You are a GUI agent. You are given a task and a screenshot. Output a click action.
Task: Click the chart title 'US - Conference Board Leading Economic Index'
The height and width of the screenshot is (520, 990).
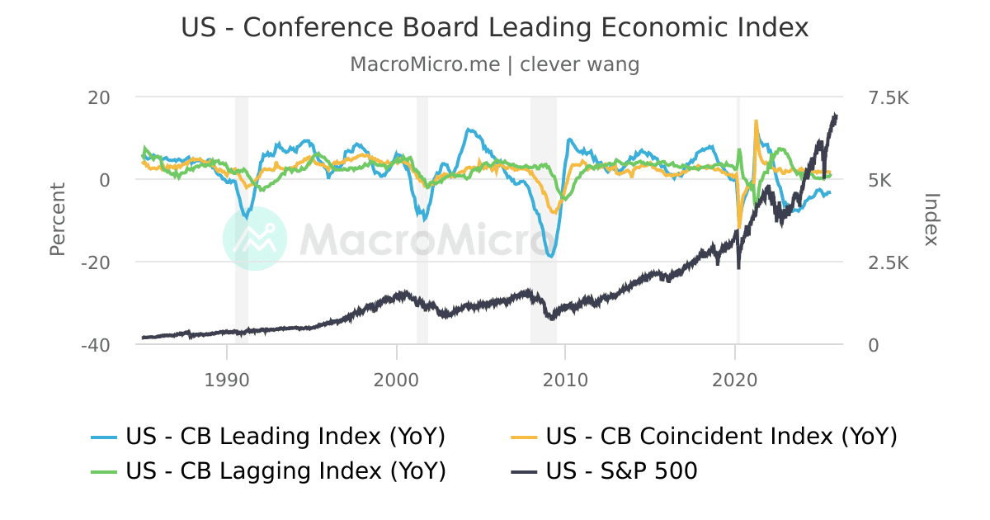click(495, 27)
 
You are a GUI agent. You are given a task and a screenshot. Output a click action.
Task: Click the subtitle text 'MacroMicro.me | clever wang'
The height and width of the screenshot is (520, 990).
click(495, 64)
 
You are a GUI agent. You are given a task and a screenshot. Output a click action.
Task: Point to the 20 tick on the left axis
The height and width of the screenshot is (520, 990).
click(99, 97)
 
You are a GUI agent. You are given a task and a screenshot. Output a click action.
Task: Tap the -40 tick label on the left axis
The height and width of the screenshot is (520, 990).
click(96, 345)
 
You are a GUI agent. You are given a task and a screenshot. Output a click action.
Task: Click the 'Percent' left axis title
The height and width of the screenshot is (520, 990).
click(57, 220)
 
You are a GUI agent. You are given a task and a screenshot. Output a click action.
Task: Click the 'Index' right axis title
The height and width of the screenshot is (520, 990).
click(931, 220)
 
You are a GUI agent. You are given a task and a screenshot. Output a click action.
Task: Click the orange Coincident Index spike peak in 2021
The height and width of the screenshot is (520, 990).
click(756, 121)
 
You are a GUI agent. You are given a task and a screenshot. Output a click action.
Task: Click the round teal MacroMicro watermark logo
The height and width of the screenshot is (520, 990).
click(255, 239)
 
